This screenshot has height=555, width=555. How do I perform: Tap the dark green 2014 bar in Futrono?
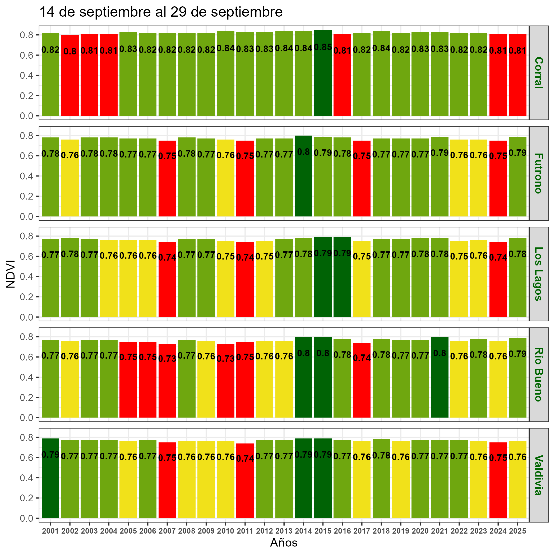pyautogui.click(x=303, y=187)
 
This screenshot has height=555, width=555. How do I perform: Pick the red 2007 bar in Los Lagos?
pyautogui.click(x=167, y=287)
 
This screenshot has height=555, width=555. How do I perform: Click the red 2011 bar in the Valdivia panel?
pyautogui.click(x=245, y=488)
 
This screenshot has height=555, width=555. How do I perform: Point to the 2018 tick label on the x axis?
pyautogui.click(x=381, y=531)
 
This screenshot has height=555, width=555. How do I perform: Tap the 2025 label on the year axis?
pyautogui.click(x=517, y=531)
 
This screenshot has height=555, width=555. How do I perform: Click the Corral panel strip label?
pyautogui.click(x=539, y=73)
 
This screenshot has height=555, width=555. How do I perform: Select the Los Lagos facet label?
pyautogui.click(x=539, y=274)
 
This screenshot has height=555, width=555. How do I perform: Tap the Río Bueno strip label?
pyautogui.click(x=539, y=374)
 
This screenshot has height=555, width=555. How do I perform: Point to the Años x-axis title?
pyautogui.click(x=284, y=543)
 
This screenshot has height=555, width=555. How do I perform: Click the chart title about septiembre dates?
pyautogui.click(x=161, y=12)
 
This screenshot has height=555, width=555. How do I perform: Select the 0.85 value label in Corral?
pyautogui.click(x=323, y=47)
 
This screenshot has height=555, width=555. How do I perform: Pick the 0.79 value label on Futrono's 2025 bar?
pyautogui.click(x=517, y=153)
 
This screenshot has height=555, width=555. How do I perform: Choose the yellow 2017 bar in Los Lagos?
pyautogui.click(x=362, y=287)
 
